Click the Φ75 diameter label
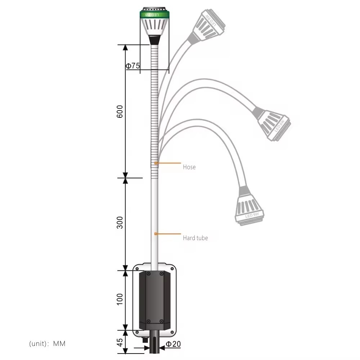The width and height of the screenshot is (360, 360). point(132,66)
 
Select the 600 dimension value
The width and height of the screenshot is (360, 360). point(120,112)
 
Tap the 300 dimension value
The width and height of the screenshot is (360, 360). point(120,222)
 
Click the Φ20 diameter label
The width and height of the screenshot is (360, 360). point(173,344)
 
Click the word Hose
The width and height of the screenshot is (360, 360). point(189,167)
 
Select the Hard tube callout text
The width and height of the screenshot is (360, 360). point(195,238)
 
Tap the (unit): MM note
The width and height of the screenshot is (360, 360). point(47,344)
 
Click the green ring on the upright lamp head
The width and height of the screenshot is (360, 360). point(154,15)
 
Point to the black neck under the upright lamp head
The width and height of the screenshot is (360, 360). point(154,40)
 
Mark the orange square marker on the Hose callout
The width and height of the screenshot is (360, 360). point(156,163)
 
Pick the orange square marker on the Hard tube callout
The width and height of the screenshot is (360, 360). point(156,234)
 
